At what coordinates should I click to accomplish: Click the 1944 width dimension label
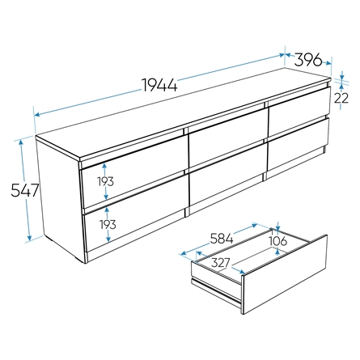tap(159, 85)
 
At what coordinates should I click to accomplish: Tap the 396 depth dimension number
tap(308, 60)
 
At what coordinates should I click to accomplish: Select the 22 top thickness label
tap(341, 98)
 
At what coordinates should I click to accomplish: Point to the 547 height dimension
tap(25, 190)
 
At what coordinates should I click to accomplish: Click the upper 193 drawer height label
tap(105, 181)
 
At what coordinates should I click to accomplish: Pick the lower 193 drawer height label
tap(108, 224)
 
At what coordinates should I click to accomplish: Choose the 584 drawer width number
tap(222, 239)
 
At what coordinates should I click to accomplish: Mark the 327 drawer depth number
tap(221, 263)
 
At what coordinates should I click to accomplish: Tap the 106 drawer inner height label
tap(278, 241)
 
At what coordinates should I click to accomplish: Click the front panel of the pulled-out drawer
tap(286, 274)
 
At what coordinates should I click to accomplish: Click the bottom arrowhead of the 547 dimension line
tap(29, 237)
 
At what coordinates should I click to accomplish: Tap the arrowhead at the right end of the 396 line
tap(328, 63)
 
